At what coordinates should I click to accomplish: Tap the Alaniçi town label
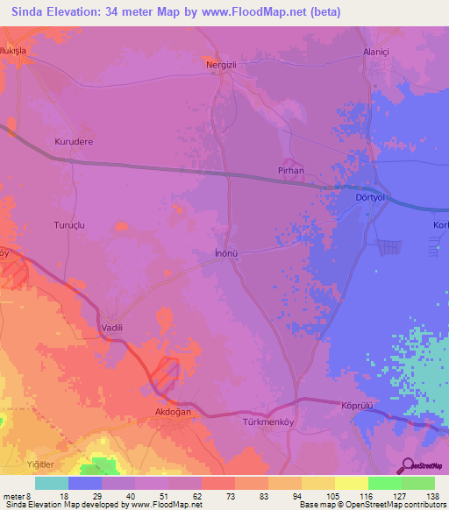click(376, 53)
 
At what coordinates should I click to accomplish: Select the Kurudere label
click(74, 141)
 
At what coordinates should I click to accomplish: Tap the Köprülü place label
click(357, 406)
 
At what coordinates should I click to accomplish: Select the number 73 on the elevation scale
click(217, 495)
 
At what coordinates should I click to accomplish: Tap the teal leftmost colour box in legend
click(51, 483)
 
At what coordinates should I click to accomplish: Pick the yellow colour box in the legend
click(351, 483)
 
